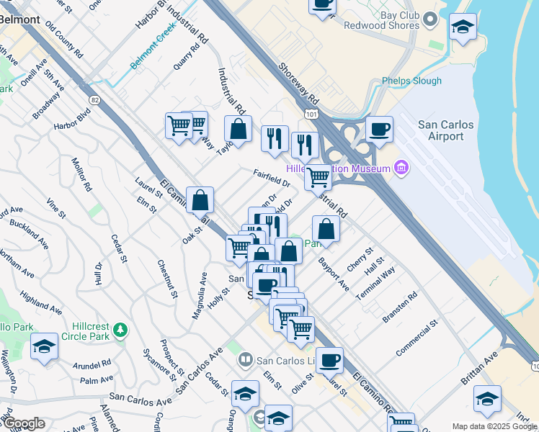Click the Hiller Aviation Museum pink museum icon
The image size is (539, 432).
point(401,168)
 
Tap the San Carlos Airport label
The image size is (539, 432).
point(446,131)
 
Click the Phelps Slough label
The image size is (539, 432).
point(411,81)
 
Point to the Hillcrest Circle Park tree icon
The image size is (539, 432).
point(121,330)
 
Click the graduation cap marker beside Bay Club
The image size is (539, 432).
point(462,28)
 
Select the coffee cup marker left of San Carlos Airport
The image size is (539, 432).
point(379,130)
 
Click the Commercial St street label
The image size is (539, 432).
point(417,340)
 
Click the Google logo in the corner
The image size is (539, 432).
point(23,423)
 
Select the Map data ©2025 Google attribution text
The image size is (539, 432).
point(494,426)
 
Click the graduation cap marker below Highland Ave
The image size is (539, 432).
point(44,347)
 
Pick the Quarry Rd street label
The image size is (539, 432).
point(186,58)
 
